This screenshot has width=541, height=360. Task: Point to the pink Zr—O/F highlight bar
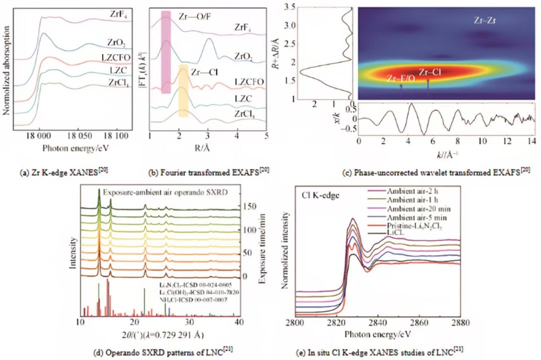[x=166, y=52]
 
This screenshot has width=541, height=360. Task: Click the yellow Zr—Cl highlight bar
[x=183, y=91]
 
